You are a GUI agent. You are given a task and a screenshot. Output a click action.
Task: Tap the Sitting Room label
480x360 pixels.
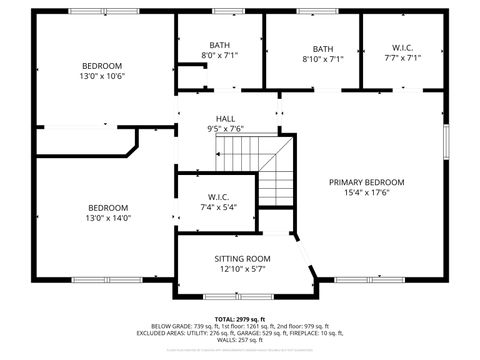[x=242, y=259]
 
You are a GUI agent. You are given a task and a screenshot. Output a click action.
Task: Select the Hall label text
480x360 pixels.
[x=226, y=118]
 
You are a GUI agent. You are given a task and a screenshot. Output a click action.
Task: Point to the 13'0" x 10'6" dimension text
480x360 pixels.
[x=102, y=76]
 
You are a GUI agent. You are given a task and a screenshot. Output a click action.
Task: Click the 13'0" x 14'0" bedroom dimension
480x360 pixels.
[x=108, y=218]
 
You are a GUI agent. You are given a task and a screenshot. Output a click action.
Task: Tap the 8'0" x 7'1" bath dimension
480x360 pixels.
[x=220, y=56]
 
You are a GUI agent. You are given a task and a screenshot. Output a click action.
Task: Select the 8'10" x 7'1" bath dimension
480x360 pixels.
[x=323, y=58]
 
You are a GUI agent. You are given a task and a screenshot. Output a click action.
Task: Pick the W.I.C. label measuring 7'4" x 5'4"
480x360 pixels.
[x=219, y=196]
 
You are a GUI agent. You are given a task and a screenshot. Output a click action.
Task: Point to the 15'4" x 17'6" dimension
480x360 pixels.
[x=368, y=193]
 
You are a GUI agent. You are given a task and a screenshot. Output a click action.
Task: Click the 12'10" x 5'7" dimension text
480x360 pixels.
[x=242, y=269]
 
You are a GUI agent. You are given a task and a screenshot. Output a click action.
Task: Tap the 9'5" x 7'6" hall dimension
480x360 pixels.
[x=226, y=128]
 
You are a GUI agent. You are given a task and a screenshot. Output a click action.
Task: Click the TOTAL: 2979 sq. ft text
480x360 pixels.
[x=240, y=319]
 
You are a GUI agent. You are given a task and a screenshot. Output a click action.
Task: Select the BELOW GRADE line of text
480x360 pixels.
[x=240, y=326]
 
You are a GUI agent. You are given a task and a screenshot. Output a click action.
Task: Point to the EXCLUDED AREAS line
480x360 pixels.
[x=240, y=333]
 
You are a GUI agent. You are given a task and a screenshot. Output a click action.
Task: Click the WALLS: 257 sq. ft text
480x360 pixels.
[x=240, y=340]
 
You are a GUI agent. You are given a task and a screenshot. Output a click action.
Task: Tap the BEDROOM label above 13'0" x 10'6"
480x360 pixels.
[x=102, y=66]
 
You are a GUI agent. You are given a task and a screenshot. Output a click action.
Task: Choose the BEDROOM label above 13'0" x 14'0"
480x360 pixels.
[x=108, y=208]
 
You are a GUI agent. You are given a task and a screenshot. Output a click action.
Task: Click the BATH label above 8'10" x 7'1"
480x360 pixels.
[x=323, y=48]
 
